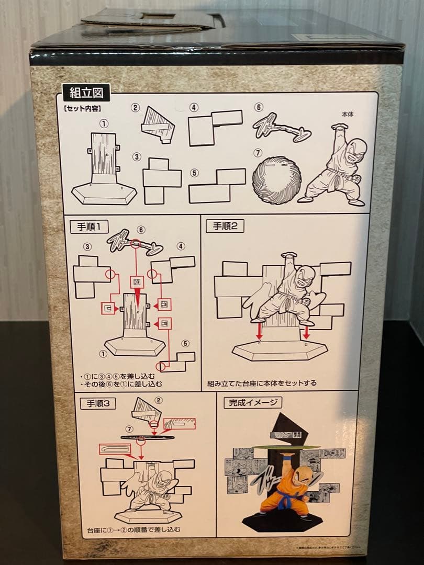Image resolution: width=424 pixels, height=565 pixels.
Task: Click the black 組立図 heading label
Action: click(x=86, y=94)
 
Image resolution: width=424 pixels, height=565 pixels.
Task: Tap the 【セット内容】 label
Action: click(x=83, y=109)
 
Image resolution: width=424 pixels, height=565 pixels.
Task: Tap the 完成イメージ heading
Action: click(x=253, y=403)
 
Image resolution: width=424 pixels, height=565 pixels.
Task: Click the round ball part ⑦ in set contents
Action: click(x=277, y=180)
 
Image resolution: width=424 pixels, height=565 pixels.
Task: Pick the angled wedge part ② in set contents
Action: click(x=158, y=125)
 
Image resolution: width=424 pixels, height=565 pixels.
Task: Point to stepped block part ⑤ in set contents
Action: click(x=216, y=186)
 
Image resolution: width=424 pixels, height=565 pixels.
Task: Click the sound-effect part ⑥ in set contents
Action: click(x=282, y=128)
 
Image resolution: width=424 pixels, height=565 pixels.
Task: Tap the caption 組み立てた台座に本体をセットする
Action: click(x=262, y=383)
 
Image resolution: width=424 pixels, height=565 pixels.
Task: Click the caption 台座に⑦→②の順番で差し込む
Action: click(x=133, y=529)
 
